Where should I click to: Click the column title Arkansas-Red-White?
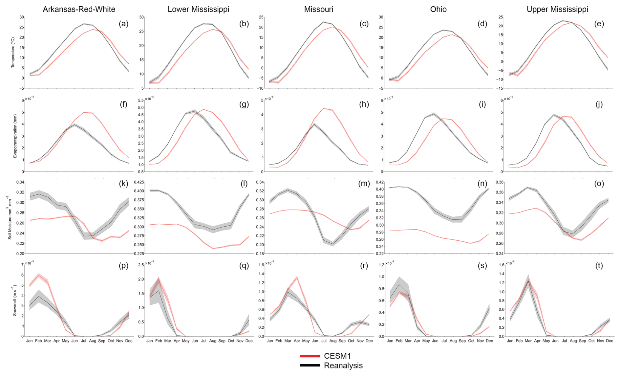pyautogui.click(x=79, y=9)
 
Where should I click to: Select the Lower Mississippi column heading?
pyautogui.click(x=198, y=9)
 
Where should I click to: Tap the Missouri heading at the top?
pyautogui.click(x=318, y=9)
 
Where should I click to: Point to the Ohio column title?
pyautogui.click(x=438, y=9)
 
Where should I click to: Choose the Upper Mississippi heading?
pyautogui.click(x=557, y=9)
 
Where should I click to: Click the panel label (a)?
pyautogui.click(x=123, y=24)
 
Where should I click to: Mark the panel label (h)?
pyautogui.click(x=364, y=104)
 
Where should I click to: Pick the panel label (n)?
pyautogui.click(x=482, y=184)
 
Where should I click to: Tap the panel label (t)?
pyautogui.click(x=599, y=266)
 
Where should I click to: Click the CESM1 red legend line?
pyautogui.click(x=310, y=356)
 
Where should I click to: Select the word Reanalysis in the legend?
pyautogui.click(x=343, y=365)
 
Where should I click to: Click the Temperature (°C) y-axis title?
pyautogui.click(x=13, y=53)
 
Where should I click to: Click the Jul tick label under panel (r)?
pyautogui.click(x=324, y=341)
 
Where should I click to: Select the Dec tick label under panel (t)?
pyautogui.click(x=610, y=341)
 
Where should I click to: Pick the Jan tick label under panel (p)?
pyautogui.click(x=30, y=341)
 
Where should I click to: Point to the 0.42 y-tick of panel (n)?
pyautogui.click(x=379, y=182)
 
